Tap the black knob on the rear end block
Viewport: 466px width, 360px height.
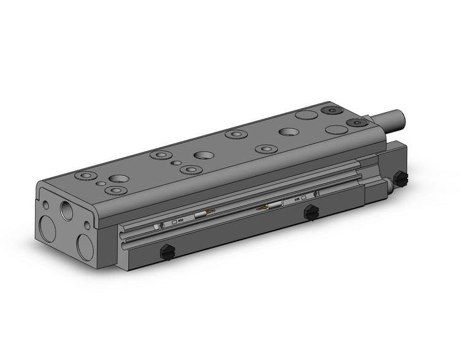point(401,179)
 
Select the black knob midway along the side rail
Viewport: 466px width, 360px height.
point(311,213)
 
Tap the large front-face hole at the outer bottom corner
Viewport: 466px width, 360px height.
point(48,229)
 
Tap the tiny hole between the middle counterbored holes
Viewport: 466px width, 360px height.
point(177,163)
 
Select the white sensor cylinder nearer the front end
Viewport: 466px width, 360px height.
point(201,215)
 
